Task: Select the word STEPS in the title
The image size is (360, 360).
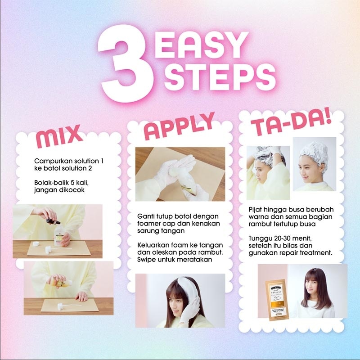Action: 218,76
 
